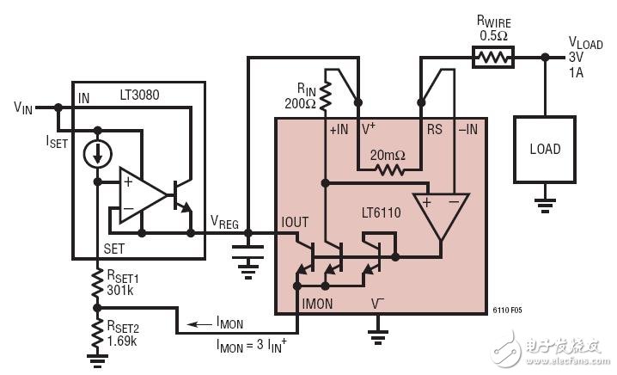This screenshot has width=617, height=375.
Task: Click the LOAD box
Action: [544, 149]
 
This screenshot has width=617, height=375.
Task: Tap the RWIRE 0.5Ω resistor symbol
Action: [492, 58]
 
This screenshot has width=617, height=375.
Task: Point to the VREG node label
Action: [224, 220]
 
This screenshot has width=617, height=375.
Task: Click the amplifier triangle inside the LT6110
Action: [441, 212]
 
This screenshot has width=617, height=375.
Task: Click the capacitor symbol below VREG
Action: [247, 253]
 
